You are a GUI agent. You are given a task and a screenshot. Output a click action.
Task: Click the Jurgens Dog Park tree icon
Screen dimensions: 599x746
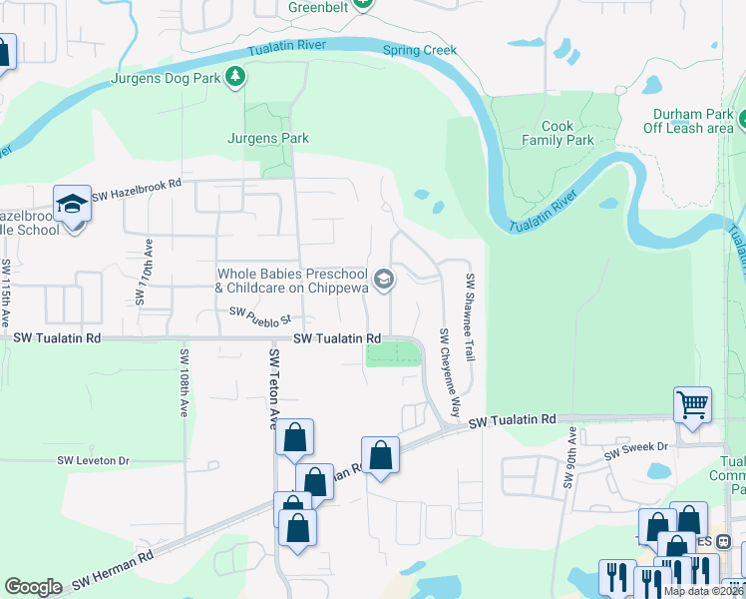(x=235, y=77)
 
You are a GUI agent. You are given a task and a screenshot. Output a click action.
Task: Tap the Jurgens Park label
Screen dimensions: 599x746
(x=267, y=139)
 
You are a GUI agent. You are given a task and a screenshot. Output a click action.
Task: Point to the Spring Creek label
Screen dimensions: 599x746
(x=420, y=50)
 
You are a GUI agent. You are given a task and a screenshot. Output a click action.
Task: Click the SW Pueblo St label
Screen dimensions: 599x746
(x=258, y=316)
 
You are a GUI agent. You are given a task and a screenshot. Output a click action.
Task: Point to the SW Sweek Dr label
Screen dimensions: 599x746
(x=632, y=454)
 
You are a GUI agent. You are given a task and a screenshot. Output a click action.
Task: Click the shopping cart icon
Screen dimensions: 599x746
(x=692, y=404)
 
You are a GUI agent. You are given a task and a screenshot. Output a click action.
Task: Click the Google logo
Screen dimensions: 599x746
(x=34, y=587)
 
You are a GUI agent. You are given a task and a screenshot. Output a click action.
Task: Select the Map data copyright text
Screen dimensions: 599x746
(x=702, y=591)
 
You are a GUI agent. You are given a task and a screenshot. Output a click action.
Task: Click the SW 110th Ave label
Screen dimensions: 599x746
(x=143, y=272)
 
